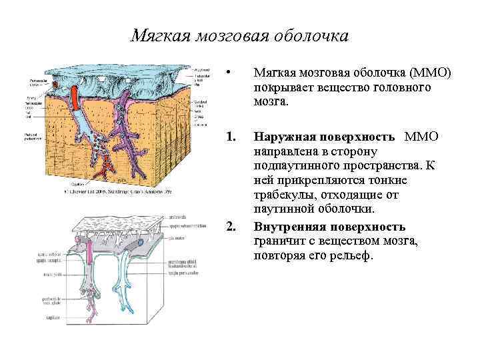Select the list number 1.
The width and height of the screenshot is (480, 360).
click(x=231, y=137)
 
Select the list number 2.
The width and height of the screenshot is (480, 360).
click(x=231, y=227)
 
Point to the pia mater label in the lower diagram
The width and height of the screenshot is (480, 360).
click(x=176, y=236)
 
